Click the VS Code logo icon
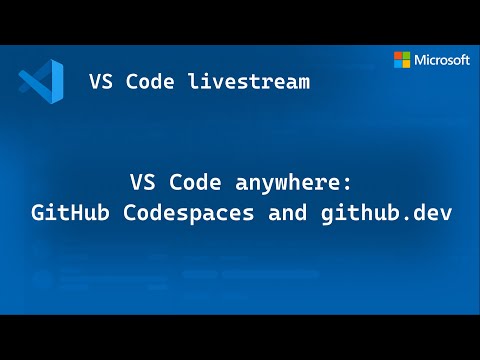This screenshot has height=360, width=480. coord(41,81)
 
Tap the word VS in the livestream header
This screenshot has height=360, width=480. coord(101,81)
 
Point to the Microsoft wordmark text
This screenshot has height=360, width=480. coord(443,60)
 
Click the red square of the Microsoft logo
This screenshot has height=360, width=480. coord(397,55)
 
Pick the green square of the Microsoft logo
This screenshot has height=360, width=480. coord(405,55)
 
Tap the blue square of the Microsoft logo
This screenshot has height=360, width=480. coord(397,64)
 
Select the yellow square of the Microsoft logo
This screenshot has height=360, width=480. coord(405,64)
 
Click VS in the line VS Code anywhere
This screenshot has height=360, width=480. coord(141,184)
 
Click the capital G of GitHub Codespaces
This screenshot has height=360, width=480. coord(37,213)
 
